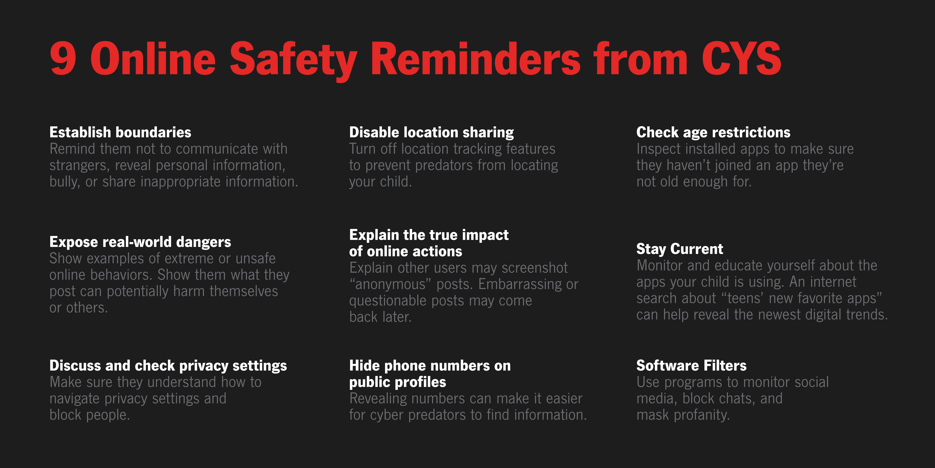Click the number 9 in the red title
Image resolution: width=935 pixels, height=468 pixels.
[63, 58]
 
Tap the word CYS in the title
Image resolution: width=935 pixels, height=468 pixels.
[741, 58]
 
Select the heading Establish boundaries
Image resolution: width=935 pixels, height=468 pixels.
[120, 132]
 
